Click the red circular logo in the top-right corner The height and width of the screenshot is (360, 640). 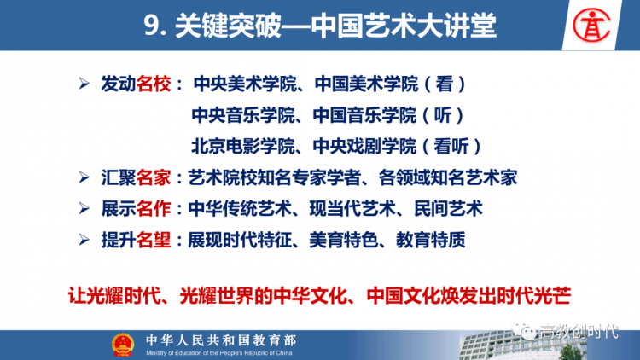pyautogui.click(x=591, y=26)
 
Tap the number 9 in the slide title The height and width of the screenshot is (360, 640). pyautogui.click(x=151, y=26)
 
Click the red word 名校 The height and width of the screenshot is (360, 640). pyautogui.click(x=154, y=84)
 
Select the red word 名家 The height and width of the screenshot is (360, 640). pyautogui.click(x=154, y=177)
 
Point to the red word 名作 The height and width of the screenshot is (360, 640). pyautogui.click(x=154, y=208)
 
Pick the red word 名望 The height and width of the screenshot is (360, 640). pyautogui.click(x=154, y=240)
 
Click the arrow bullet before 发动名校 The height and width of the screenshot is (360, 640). pyautogui.click(x=84, y=84)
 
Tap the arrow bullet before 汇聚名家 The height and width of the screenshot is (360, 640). pyautogui.click(x=84, y=177)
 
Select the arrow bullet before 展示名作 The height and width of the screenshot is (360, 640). pyautogui.click(x=84, y=208)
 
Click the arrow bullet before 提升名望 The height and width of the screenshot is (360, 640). pyautogui.click(x=84, y=240)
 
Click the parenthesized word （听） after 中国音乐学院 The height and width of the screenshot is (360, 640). pyautogui.click(x=443, y=115)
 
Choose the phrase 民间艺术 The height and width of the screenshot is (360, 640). pyautogui.click(x=448, y=208)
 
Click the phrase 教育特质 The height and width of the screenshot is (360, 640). pyautogui.click(x=431, y=240)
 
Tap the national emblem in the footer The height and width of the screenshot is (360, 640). pyautogui.click(x=123, y=345)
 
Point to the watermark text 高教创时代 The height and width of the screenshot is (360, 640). pyautogui.click(x=579, y=332)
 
